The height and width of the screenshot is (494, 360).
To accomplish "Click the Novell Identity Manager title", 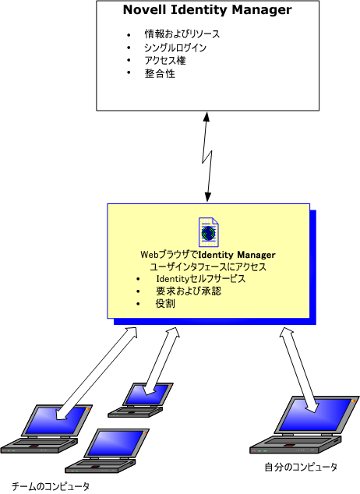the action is tap(207, 10).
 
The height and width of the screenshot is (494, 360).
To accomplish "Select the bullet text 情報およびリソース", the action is tap(182, 34).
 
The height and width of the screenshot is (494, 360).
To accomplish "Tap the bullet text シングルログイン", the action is tap(175, 48).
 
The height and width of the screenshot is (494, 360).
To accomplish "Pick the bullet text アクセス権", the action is tap(165, 61).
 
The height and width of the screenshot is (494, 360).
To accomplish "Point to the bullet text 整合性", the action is tap(160, 74).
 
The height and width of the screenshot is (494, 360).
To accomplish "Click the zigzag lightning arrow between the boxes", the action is tap(207, 157).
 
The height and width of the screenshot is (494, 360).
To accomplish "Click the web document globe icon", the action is tap(209, 232).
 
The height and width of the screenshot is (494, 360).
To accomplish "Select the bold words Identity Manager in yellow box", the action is tap(238, 255).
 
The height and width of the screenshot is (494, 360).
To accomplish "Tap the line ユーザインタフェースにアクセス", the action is tap(208, 266).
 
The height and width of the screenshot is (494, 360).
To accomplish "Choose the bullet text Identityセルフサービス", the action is tap(200, 279).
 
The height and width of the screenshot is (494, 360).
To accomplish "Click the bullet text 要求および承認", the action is tap(189, 291).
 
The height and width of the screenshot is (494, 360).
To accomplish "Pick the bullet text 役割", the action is tap(165, 304).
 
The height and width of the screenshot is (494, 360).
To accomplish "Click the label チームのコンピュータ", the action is tap(51, 486).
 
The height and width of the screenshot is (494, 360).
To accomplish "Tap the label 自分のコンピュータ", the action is tap(301, 468).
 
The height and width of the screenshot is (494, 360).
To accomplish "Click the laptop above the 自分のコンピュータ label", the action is tap(305, 425).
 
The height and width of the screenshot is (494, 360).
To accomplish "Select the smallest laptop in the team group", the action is tap(140, 400).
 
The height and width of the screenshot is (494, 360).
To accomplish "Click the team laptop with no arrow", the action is tap(108, 451).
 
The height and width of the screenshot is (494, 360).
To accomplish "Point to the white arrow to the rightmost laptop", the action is tap(299, 370).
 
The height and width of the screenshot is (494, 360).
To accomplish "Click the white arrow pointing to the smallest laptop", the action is tap(162, 361).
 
